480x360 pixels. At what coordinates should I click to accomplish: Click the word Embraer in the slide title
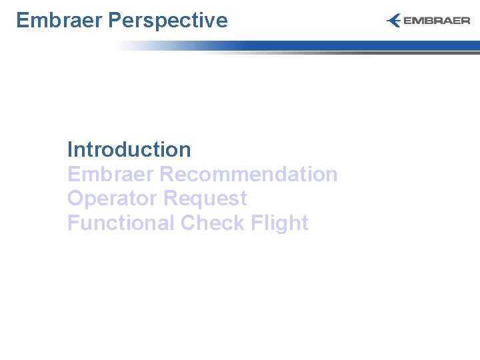(59, 20)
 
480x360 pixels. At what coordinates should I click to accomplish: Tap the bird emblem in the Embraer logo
(393, 21)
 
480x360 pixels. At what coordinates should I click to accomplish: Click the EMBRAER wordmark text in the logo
(437, 21)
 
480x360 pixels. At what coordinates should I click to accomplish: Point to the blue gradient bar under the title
(333, 45)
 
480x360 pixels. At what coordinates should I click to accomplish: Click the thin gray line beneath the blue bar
(333, 53)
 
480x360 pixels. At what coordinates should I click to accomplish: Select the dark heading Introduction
(129, 149)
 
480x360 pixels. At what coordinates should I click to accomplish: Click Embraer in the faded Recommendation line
(110, 174)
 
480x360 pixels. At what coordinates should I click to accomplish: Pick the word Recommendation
(249, 174)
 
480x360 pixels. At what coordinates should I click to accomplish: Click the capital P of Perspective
(114, 20)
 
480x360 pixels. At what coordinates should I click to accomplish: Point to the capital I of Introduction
(70, 149)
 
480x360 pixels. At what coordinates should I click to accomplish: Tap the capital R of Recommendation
(167, 174)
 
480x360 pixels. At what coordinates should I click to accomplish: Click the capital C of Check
(189, 223)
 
